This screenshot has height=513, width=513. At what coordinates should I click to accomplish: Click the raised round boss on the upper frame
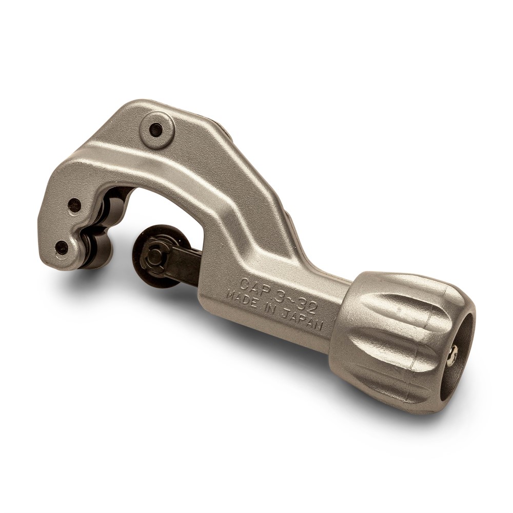click(156, 130)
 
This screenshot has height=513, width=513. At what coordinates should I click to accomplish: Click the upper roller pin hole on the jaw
click(74, 205)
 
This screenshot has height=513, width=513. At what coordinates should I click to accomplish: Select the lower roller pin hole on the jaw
click(62, 248)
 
